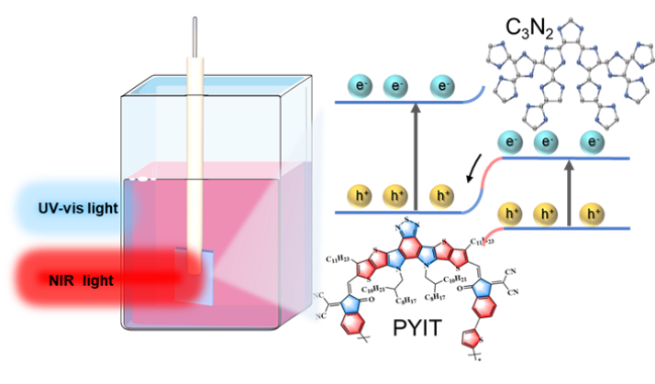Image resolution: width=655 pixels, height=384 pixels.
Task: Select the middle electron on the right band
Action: click(549, 142)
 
